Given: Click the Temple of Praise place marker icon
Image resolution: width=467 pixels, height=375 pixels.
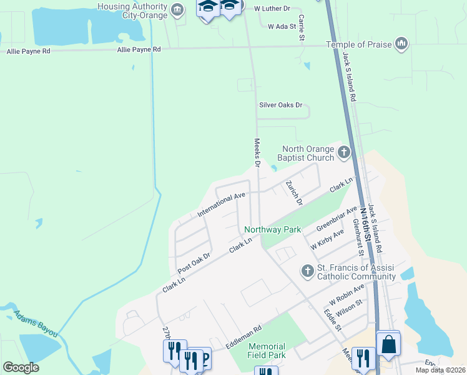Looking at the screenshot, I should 401,44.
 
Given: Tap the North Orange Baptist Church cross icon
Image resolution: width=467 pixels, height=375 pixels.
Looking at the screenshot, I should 343,152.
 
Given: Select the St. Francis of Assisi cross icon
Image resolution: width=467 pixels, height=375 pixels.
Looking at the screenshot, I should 307,271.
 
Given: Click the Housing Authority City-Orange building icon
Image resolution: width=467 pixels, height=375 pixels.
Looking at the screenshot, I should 177,9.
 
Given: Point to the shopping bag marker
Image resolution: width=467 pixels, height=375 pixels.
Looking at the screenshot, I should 388,344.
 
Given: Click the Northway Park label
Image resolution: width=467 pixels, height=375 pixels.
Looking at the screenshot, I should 273,229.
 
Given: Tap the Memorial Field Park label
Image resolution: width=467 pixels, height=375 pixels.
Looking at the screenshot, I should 267,351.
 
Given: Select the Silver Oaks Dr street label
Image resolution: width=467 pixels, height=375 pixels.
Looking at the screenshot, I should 280,105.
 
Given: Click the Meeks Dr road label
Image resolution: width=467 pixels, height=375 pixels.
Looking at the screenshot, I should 256,152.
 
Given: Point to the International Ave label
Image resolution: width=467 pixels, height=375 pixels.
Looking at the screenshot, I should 221,205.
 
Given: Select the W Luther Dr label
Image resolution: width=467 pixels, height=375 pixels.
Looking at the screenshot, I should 272,9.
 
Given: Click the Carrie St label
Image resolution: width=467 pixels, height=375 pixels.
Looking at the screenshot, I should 302,27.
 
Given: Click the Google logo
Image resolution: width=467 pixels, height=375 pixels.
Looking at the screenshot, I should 21,367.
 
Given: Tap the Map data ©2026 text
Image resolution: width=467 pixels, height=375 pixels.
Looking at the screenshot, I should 440,370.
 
